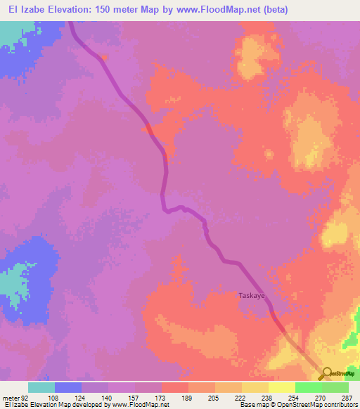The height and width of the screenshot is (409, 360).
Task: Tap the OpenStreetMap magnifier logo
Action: click(x=326, y=373)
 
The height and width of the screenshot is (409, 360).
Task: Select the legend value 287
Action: click(x=348, y=397)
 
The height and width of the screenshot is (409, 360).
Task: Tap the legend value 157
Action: click(x=135, y=397)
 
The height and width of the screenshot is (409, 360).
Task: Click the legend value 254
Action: click(x=295, y=397)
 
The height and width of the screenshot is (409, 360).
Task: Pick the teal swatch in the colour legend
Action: click(x=41, y=387)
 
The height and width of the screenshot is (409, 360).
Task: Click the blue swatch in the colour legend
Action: click(x=68, y=387)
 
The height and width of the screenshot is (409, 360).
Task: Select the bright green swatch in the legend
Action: click(x=308, y=387)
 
